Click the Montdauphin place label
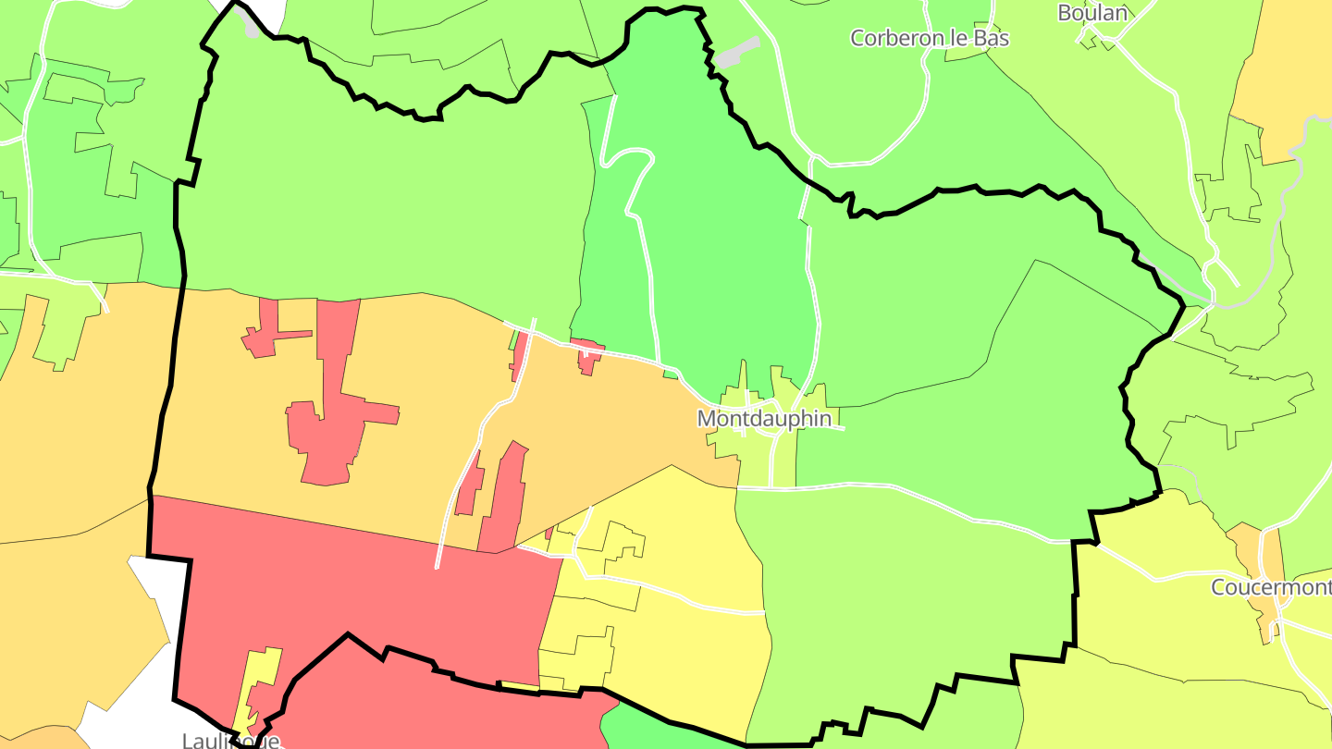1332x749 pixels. pos(764,418)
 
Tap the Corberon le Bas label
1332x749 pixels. pos(929,38)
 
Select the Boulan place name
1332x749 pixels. pos(1092,12)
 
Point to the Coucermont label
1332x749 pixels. pos(1270,587)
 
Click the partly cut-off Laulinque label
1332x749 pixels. pos(230,741)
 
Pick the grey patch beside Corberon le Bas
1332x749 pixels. pos(736,54)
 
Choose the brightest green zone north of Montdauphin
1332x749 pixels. pos(703,231)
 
